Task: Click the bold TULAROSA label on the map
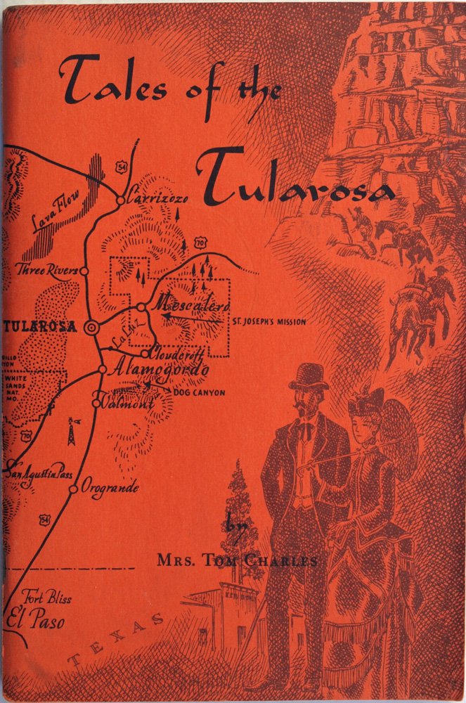39,328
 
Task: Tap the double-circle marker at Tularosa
91,328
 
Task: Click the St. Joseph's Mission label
270,322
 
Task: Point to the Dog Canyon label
199,392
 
